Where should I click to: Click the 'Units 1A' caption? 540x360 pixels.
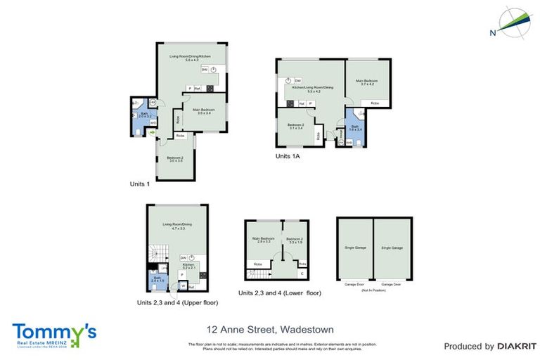click(288, 157)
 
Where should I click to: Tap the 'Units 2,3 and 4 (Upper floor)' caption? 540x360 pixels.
click(177, 302)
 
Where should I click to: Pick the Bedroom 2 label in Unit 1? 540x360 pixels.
click(175, 160)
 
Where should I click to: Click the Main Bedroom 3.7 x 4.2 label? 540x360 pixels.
click(366, 83)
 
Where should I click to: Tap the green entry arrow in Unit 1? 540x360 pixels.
click(151, 131)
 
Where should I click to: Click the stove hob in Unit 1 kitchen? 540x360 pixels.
click(210, 88)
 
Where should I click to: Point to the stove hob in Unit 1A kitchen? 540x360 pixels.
click(290, 103)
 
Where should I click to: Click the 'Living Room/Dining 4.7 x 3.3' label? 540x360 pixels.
click(176, 226)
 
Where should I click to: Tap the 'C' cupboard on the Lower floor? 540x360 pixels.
click(302, 273)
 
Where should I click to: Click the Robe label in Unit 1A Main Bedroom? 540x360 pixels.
click(375, 103)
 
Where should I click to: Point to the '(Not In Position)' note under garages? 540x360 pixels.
click(373, 290)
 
